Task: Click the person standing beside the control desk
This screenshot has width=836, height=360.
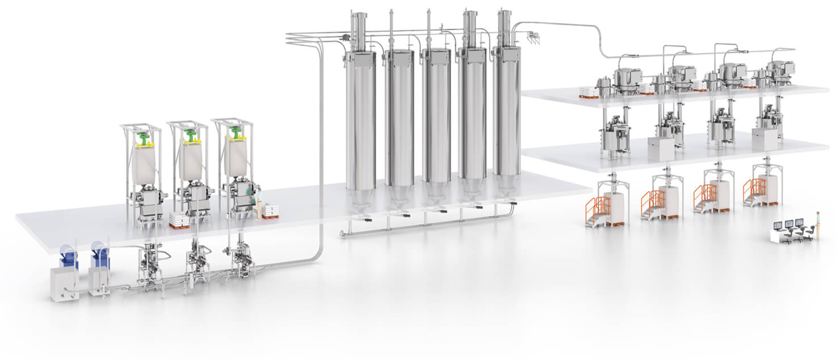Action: [x=817, y=224]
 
